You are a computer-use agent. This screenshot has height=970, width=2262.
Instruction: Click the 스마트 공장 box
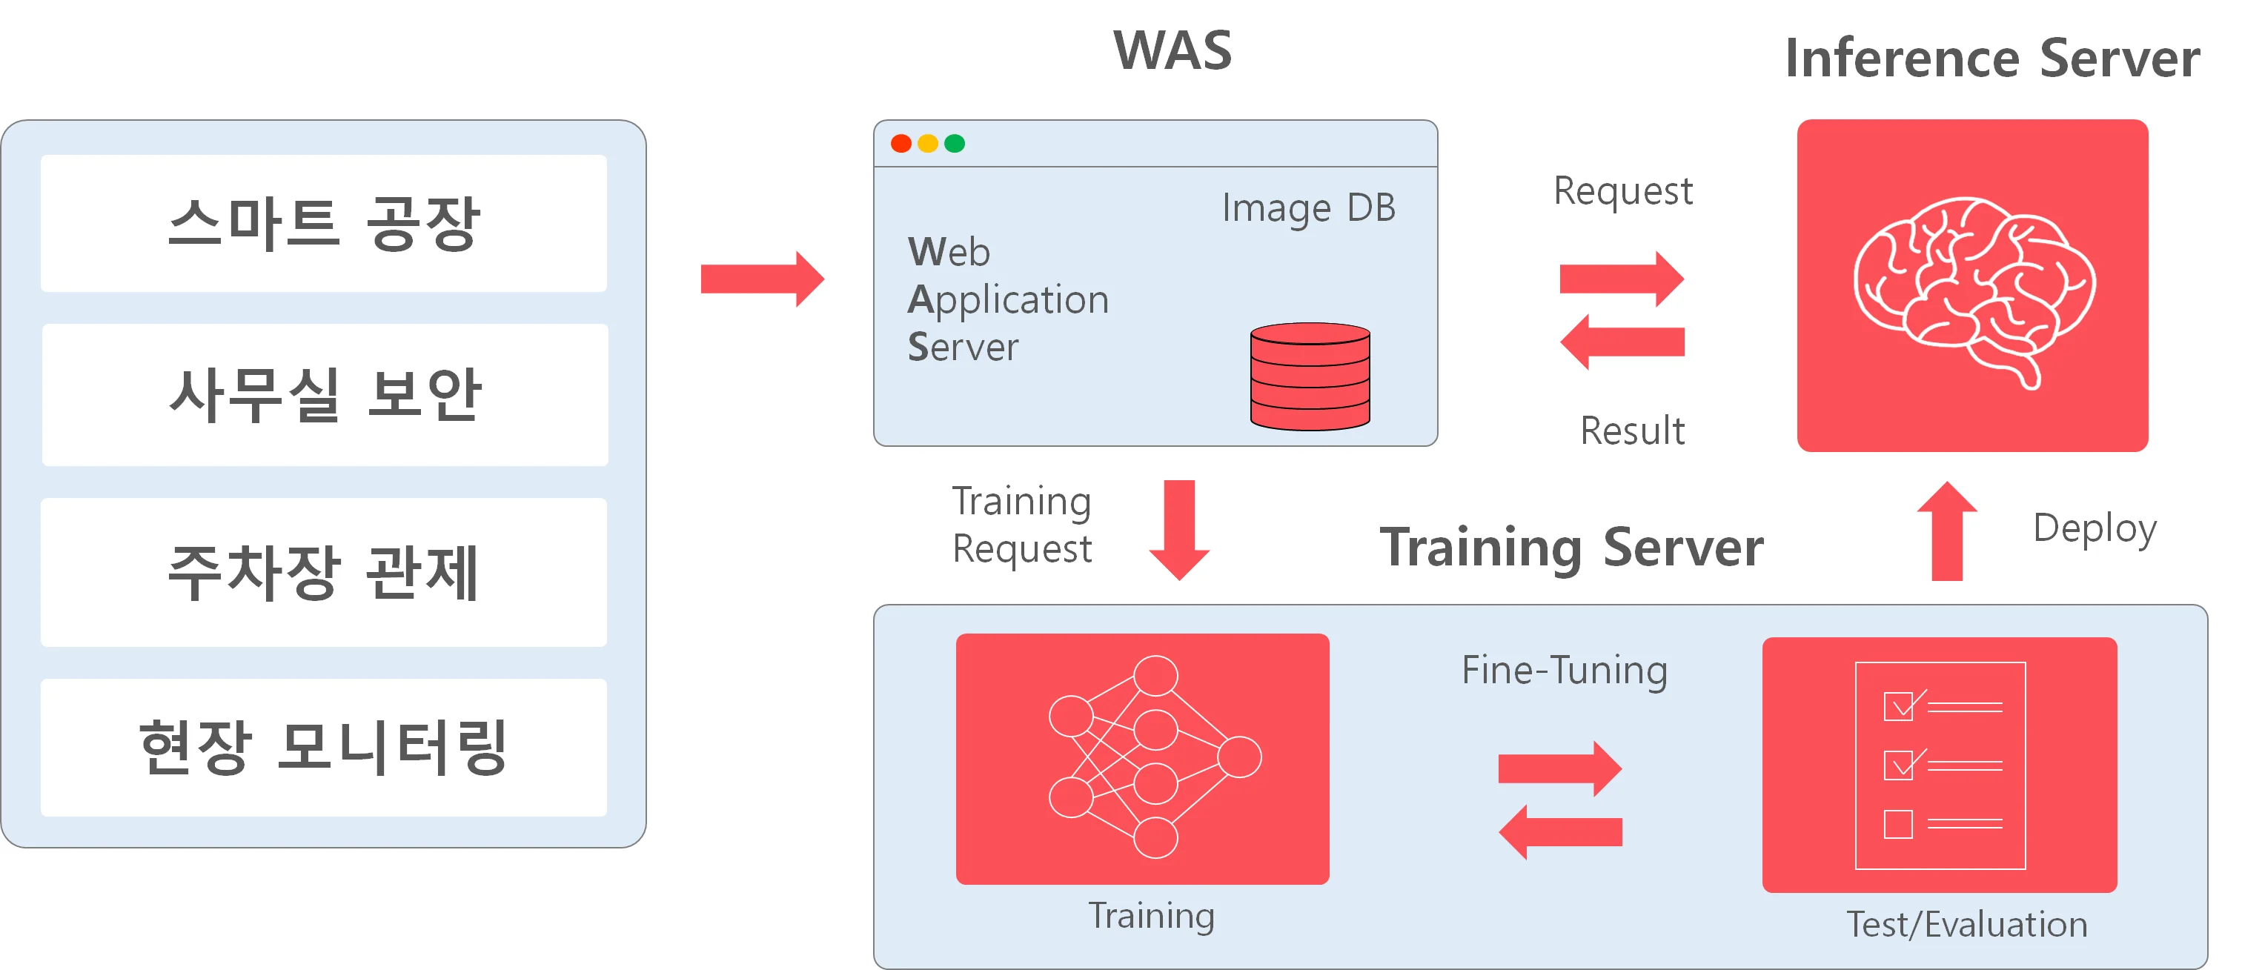click(323, 223)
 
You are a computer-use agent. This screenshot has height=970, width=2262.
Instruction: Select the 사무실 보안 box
click(324, 394)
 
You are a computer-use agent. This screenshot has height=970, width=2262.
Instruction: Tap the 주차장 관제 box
click(323, 571)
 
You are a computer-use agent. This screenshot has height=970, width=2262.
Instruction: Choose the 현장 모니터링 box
click(323, 747)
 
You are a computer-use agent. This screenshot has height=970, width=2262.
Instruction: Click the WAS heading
click(1173, 51)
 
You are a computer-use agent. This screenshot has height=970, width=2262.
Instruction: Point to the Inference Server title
click(1992, 59)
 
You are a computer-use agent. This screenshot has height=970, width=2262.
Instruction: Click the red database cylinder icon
click(1310, 376)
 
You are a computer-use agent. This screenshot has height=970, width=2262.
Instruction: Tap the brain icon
click(1974, 289)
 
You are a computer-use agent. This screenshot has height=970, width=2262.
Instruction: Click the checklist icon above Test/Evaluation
click(1940, 765)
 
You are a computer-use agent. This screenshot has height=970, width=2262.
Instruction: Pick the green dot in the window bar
click(955, 143)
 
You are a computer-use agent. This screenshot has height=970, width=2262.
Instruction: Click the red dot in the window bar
click(901, 143)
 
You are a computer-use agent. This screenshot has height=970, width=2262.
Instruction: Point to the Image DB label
click(1308, 209)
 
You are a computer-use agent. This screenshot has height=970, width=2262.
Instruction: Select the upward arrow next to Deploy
click(1947, 531)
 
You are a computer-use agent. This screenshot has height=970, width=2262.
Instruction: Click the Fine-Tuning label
click(1564, 671)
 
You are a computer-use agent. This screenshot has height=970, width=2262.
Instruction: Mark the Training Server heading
click(1572, 548)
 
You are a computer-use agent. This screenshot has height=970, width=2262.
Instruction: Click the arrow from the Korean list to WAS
click(762, 279)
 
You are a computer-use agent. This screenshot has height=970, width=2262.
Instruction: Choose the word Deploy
click(2094, 528)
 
